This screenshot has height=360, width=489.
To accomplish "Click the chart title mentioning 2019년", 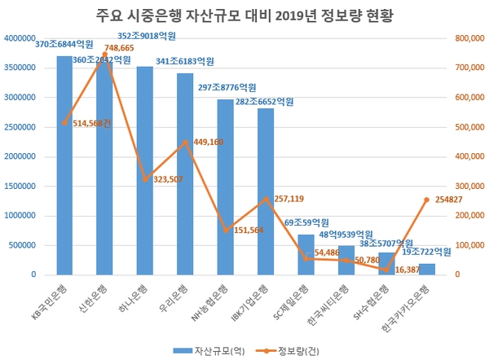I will click(244, 15).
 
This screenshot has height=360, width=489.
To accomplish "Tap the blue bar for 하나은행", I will click(145, 171).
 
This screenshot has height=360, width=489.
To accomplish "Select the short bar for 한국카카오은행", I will click(426, 270).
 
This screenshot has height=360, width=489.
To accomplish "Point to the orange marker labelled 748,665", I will click(104, 54).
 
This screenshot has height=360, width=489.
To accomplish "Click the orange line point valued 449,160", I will click(185, 143).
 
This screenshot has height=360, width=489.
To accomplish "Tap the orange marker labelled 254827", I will click(426, 200).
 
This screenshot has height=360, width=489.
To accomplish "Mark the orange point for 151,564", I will click(226, 230).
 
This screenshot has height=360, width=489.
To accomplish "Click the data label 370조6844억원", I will click(64, 42).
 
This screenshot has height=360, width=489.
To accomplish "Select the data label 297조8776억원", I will click(226, 87).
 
